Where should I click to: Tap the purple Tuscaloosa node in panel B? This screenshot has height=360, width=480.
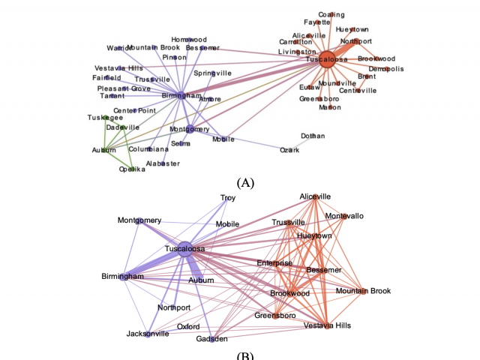point(185,252)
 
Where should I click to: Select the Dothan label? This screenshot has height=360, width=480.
point(313,136)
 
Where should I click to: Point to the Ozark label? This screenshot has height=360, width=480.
point(289,150)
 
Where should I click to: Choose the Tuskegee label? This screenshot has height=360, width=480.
point(105,118)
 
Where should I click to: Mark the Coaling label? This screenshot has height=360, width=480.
point(331,14)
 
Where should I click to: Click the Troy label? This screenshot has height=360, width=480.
point(228,198)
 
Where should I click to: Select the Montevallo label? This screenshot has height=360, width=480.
point(344,216)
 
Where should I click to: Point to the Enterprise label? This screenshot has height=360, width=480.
point(274,262)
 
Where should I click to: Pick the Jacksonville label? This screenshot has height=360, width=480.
point(147,334)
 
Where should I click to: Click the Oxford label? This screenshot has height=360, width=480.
point(188,327)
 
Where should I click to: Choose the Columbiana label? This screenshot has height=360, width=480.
point(149,149)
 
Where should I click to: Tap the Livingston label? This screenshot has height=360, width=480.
point(297,52)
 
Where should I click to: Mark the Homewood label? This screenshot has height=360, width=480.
point(189,39)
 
